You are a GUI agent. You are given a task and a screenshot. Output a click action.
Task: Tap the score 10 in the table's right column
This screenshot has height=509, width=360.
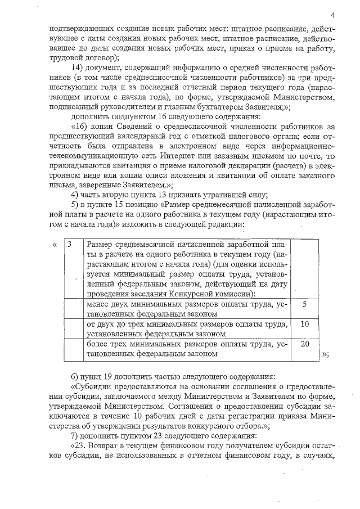(x=304, y=324)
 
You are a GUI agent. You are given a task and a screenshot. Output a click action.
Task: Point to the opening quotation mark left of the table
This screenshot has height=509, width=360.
(x=55, y=245)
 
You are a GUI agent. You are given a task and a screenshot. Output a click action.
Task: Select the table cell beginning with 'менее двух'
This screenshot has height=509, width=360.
(x=187, y=309)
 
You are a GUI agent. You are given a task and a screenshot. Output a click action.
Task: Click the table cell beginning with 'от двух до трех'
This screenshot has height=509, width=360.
(x=187, y=328)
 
